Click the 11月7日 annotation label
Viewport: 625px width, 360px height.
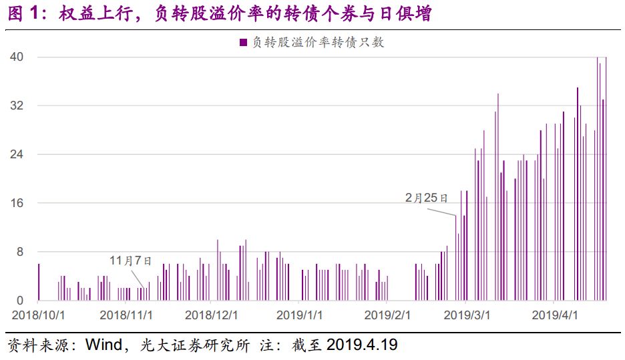[131, 260]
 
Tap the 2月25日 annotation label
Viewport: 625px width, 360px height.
[426, 198]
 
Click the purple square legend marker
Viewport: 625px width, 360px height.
[243, 43]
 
